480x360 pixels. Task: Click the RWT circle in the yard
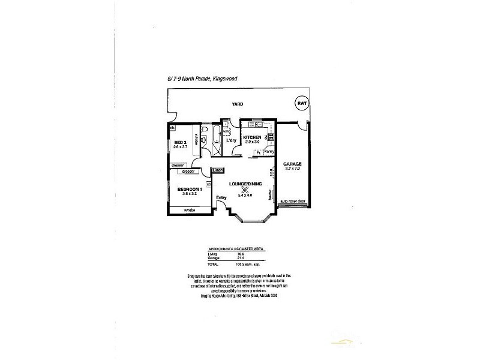301,103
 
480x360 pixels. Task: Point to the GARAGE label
292,164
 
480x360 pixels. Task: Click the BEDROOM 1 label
188,189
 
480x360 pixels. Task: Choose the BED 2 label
181,142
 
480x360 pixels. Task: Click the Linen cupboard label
218,170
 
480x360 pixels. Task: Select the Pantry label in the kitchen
269,152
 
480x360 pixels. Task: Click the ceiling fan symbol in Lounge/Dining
244,187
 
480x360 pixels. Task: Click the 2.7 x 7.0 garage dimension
292,169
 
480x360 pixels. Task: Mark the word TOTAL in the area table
213,264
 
